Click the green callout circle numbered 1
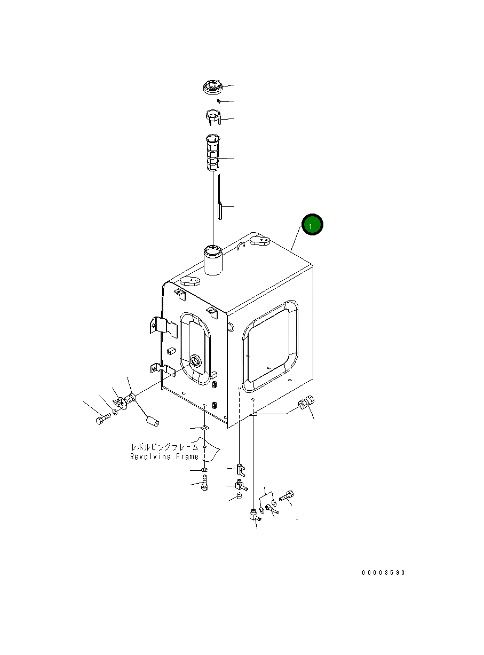pos(312,224)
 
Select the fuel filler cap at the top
pos(212,87)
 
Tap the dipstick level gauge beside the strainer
pos(219,196)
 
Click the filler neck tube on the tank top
pos(213,260)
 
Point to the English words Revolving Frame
pos(164,456)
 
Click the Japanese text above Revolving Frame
pos(164,447)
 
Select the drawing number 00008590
pos(383,573)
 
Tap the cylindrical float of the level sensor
pos(153,421)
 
